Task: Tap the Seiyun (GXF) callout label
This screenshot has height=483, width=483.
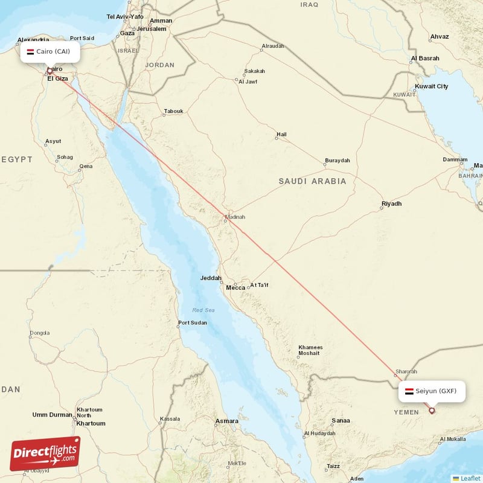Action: pos(432,391)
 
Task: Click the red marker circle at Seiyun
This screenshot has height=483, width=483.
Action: pos(432,411)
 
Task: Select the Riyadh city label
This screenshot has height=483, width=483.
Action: pos(391,204)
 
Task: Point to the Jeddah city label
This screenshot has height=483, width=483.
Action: pos(211,279)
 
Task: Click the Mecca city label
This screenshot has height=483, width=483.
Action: pos(235,287)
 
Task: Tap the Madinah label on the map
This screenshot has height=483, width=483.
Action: pos(235,217)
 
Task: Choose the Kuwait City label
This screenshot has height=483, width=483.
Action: pos(432,86)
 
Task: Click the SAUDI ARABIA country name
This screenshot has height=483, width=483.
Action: pos(312,181)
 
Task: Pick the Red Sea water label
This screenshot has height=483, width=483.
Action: pos(203,310)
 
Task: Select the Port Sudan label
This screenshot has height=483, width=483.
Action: pos(193,323)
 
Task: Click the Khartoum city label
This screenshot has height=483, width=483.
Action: pos(91,423)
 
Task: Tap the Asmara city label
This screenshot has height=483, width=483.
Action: pos(227,421)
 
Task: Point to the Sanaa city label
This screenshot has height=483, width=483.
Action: pos(341,421)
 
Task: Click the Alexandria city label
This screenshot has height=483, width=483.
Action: pos(33,40)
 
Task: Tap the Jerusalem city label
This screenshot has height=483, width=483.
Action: pos(151,28)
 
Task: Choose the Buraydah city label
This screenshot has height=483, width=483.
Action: pos(337,161)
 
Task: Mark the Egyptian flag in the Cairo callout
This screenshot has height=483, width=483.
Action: pos(30,52)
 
